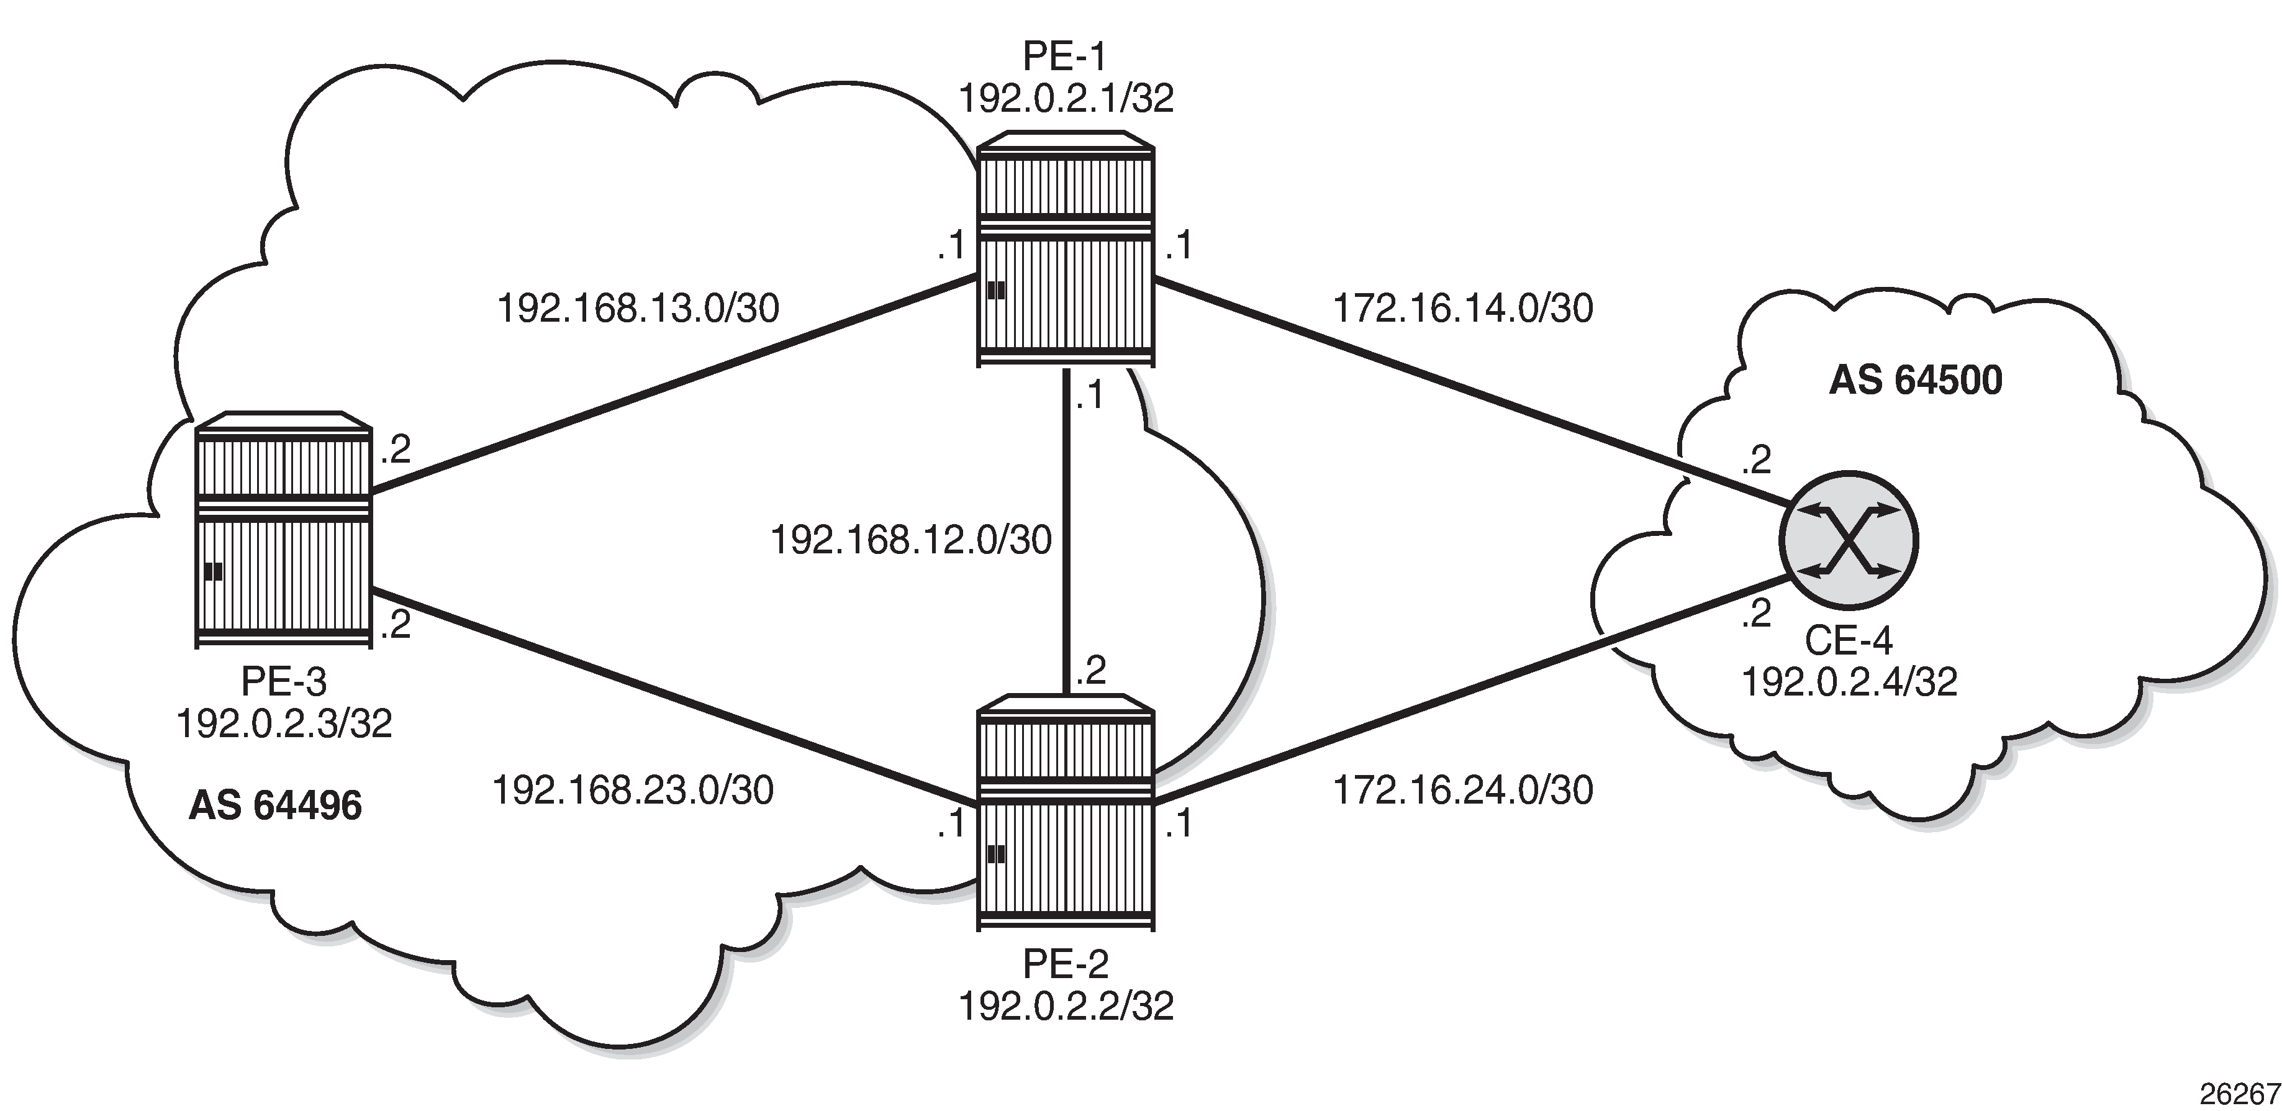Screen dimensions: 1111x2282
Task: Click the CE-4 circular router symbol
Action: pos(1848,540)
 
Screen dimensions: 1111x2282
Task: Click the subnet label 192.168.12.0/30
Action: pos(911,540)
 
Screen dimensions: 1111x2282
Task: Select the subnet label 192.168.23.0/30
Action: pos(633,789)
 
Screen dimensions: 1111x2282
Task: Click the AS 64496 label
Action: pos(276,805)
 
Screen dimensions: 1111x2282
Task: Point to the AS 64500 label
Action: pos(1915,380)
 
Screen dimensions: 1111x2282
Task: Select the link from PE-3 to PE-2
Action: pos(673,697)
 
